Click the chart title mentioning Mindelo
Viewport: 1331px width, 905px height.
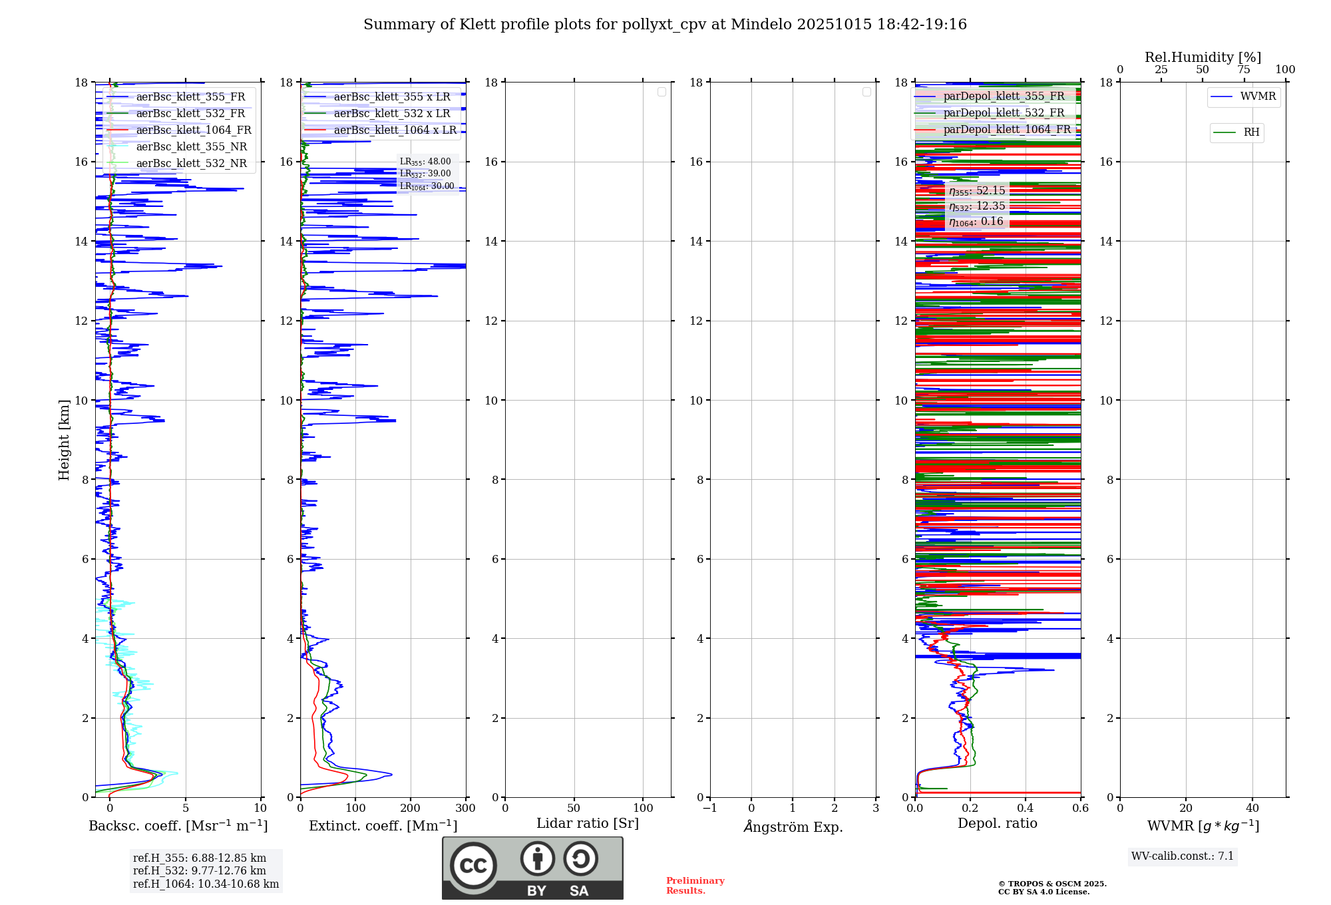point(664,25)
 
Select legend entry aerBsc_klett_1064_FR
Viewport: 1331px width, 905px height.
point(193,130)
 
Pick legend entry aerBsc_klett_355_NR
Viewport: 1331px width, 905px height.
point(191,147)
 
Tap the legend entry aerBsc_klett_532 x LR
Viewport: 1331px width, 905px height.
point(391,114)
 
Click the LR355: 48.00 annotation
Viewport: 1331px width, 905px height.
point(425,162)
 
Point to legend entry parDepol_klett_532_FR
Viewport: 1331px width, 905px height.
point(1004,113)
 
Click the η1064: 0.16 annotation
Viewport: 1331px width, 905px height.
point(976,222)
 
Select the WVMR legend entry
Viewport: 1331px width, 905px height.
point(1257,96)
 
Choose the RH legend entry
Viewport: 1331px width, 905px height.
point(1250,132)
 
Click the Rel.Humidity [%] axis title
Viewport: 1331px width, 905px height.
point(1203,57)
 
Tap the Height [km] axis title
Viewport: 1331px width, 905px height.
point(64,440)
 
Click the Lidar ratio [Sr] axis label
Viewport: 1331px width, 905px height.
point(588,824)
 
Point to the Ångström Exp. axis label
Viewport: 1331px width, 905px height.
point(793,826)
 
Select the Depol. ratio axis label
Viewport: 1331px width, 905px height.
point(997,824)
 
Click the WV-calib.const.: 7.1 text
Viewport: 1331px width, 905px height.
point(1183,856)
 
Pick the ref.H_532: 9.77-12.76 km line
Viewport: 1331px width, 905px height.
point(199,871)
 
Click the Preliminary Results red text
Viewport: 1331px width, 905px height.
point(695,886)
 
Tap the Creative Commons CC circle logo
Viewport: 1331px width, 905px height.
point(473,866)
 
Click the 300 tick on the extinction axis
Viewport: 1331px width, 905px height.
point(465,809)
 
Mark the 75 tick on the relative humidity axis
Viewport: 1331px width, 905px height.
point(1243,70)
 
